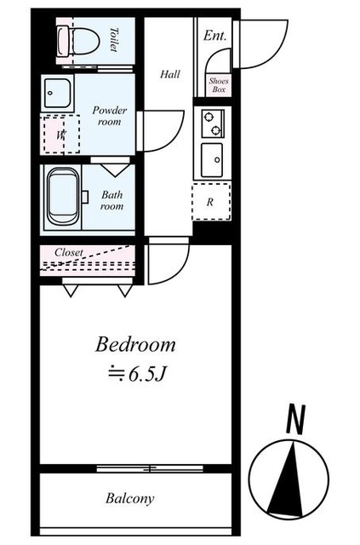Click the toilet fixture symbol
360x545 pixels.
pyautogui.click(x=77, y=41)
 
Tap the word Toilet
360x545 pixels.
pyautogui.click(x=114, y=40)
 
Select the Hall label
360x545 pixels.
pyautogui.click(x=170, y=74)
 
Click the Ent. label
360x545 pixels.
pyautogui.click(x=214, y=36)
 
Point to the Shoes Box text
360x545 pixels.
pyautogui.click(x=219, y=85)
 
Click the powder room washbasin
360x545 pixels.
pyautogui.click(x=58, y=93)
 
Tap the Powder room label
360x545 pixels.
pyautogui.click(x=109, y=116)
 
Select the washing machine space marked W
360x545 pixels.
pyautogui.click(x=61, y=135)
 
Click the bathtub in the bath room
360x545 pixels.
pyautogui.click(x=63, y=197)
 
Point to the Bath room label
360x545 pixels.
pyautogui.click(x=111, y=200)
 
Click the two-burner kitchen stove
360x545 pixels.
pyautogui.click(x=213, y=123)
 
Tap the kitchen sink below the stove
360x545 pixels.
pyautogui.click(x=212, y=160)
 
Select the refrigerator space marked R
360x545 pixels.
pyautogui.click(x=211, y=202)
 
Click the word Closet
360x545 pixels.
pyautogui.click(x=69, y=252)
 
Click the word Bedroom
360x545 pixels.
pyautogui.click(x=135, y=344)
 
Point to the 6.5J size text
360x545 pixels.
pyautogui.click(x=136, y=374)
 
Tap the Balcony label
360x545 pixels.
pyautogui.click(x=130, y=498)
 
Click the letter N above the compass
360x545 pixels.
pyautogui.click(x=295, y=419)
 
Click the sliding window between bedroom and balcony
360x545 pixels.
pyautogui.click(x=150, y=468)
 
